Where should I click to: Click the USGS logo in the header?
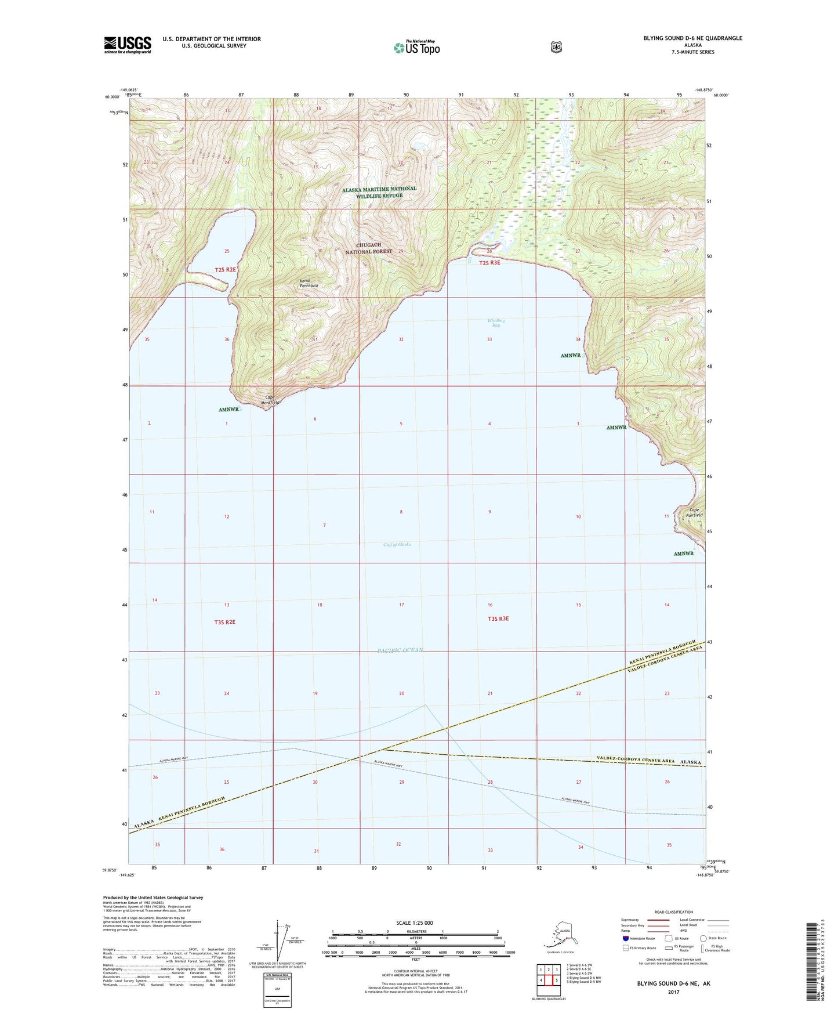click(x=128, y=45)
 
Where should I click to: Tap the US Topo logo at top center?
click(x=416, y=47)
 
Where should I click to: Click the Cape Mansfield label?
click(x=270, y=400)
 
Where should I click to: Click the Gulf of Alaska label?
click(x=397, y=544)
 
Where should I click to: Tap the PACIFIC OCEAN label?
click(x=400, y=650)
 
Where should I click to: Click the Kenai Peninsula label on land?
click(x=309, y=283)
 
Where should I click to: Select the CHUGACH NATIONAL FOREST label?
click(x=369, y=248)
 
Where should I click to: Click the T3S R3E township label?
click(x=498, y=618)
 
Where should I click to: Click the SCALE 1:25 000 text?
click(x=414, y=922)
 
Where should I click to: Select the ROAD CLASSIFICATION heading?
click(x=673, y=912)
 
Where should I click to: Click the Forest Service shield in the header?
click(x=556, y=46)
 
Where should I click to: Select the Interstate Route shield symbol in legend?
click(x=626, y=938)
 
